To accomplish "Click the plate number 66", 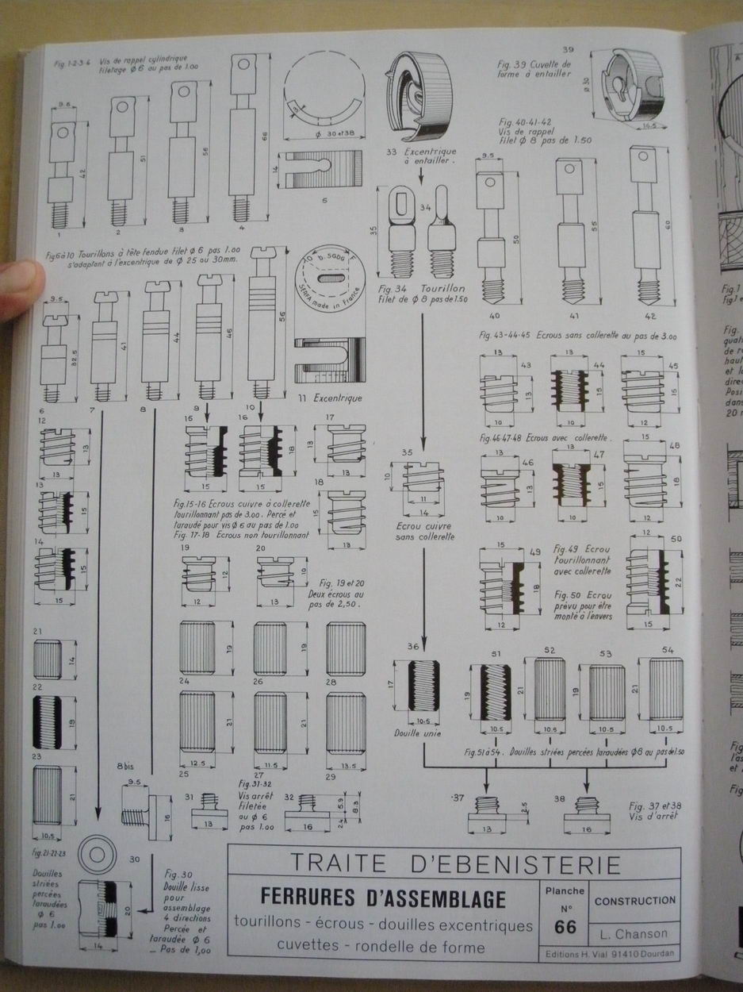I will click(x=565, y=926).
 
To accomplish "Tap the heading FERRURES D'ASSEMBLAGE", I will click(x=382, y=899).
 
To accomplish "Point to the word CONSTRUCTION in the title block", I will click(x=635, y=901).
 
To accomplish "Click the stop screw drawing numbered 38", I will click(x=587, y=817).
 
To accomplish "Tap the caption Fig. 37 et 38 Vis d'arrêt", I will click(x=655, y=810).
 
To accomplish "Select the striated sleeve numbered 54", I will click(x=665, y=689).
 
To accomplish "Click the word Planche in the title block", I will click(x=565, y=890).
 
